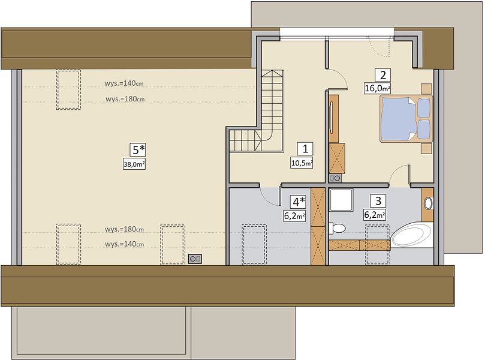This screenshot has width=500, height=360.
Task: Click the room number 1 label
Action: point(305,149)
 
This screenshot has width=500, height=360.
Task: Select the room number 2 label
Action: point(382,76)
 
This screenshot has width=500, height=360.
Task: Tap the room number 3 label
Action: point(378,201)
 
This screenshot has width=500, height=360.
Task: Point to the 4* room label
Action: point(298,202)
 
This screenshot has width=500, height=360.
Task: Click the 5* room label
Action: point(138,149)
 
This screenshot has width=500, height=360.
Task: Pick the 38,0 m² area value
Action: point(134,164)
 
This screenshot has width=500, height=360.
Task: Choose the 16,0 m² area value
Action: point(378,88)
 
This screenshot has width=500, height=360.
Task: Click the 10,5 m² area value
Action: point(302,163)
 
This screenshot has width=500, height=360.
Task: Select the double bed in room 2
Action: point(406,118)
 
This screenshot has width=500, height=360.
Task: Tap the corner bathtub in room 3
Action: point(412,235)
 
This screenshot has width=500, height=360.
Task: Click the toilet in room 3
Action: point(337,228)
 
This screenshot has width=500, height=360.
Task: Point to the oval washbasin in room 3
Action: point(428,203)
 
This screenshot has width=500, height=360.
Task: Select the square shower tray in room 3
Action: point(341,200)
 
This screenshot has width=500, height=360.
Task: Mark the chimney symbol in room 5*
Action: point(194,259)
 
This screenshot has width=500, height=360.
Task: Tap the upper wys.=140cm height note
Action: point(124,83)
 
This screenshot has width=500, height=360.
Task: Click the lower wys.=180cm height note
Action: point(124,229)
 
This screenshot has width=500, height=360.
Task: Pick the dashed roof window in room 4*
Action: point(254,244)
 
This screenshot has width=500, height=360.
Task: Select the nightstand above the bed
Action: point(426,89)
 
